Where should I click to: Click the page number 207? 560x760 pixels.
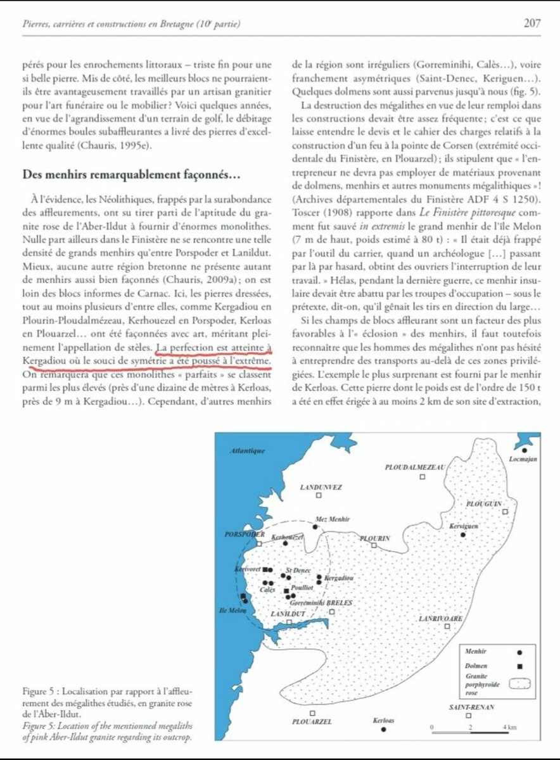(x=531, y=23)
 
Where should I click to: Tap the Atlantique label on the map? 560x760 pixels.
(x=246, y=451)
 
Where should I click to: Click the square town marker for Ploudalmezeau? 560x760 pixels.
(x=423, y=476)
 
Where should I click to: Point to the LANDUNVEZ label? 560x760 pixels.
(x=321, y=487)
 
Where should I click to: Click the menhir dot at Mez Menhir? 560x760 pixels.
(x=315, y=526)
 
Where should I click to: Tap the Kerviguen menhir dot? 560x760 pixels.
(x=463, y=535)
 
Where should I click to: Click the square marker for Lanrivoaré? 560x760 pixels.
(x=447, y=626)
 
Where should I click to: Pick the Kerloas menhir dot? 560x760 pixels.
(x=384, y=729)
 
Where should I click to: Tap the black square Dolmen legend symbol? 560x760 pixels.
(x=519, y=666)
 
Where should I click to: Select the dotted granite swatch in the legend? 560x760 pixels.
(x=519, y=683)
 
